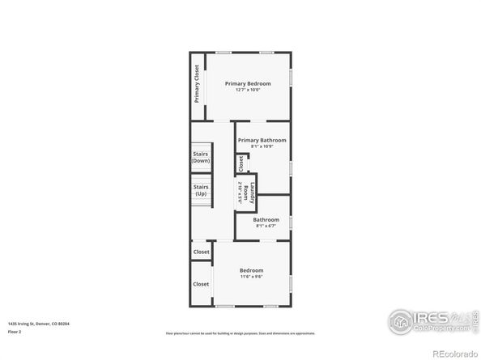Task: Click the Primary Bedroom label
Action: point(248,83)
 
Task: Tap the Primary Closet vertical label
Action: point(197,83)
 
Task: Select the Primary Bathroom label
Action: point(262,140)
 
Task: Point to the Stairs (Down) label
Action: point(201,157)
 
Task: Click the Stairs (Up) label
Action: point(201,190)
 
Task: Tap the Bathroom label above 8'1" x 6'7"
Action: point(266,219)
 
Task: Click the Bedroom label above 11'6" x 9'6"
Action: point(251,270)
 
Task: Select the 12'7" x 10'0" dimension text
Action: point(248,90)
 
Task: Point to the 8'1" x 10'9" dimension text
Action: point(262,146)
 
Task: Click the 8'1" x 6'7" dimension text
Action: point(266,226)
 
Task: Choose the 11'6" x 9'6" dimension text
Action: point(251,277)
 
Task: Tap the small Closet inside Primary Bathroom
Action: point(240,163)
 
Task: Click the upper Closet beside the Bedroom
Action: point(201,252)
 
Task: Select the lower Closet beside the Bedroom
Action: point(201,284)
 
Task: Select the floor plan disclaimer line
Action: point(240,332)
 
